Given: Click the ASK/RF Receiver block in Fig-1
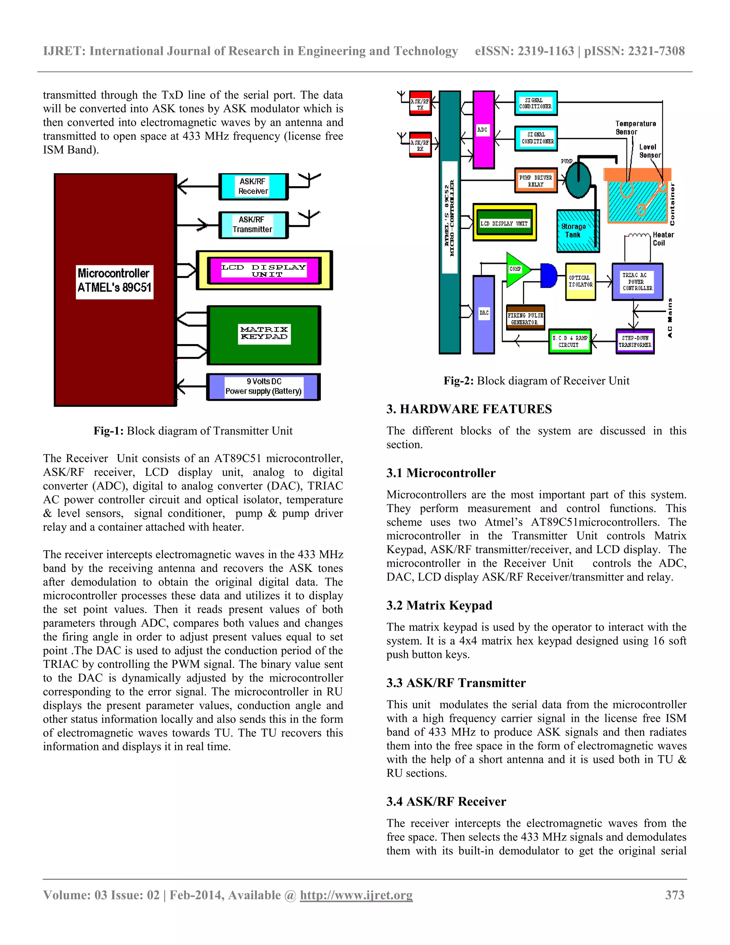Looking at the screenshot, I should point(253,187).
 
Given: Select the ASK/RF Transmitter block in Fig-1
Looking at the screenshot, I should point(253,225).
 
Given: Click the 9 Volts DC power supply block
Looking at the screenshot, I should point(263,387).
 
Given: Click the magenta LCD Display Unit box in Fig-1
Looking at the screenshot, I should point(264,270).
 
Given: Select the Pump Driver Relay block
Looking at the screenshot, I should point(536,180).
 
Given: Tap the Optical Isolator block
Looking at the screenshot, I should point(580,281).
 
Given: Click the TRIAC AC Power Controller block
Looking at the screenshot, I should point(637,281).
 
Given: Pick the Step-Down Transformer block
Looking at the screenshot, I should point(635,341).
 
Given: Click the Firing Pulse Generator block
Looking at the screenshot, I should point(525,318).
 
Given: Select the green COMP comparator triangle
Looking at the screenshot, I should point(516,269).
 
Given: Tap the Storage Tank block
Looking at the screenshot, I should point(577,231).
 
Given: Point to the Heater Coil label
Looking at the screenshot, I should point(663,239).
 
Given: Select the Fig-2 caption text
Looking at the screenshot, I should point(536,380).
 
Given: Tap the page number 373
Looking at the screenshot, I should point(675,895).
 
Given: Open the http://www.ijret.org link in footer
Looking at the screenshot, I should point(356,895).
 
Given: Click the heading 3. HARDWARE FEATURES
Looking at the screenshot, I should point(469,409).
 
